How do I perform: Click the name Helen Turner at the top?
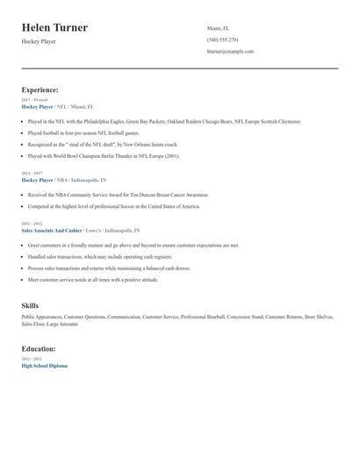[54, 27]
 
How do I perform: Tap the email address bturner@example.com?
[230, 52]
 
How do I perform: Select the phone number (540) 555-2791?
[222, 39]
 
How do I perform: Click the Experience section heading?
[40, 89]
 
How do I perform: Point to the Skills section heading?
[30, 305]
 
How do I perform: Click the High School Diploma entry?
[44, 365]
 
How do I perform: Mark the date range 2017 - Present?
[36, 100]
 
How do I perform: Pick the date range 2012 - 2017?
[32, 174]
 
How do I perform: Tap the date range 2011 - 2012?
[32, 223]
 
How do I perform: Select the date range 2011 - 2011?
[32, 359]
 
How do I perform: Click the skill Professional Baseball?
[200, 316]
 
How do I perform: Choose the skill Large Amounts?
[61, 324]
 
